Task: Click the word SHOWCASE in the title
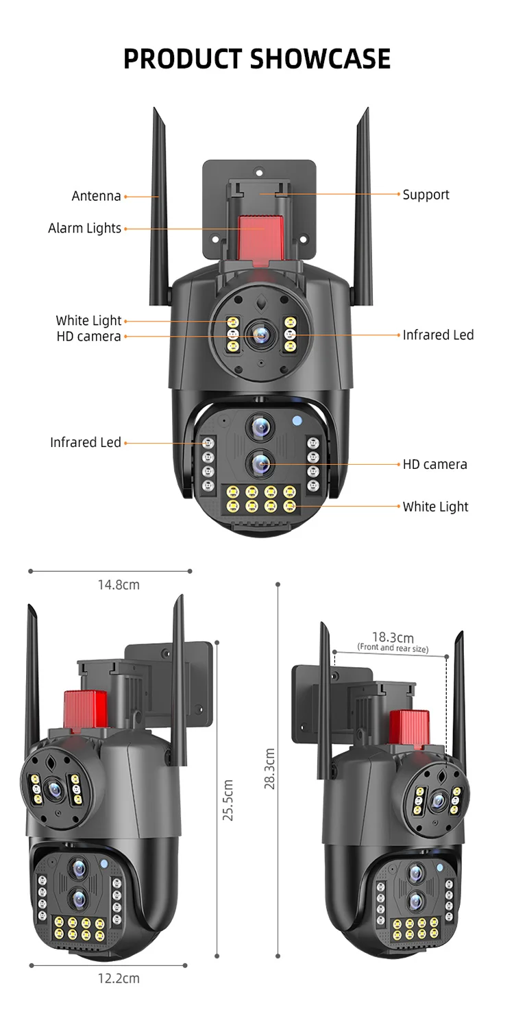(320, 59)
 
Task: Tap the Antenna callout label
(96, 196)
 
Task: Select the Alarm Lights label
(84, 228)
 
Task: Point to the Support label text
(426, 195)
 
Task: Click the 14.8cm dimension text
(118, 585)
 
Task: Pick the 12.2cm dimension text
(118, 978)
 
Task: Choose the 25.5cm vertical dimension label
(228, 800)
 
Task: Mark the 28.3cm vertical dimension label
(270, 769)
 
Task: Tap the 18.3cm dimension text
(393, 638)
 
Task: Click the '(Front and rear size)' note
(393, 648)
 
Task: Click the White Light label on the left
(88, 320)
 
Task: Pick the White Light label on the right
(435, 507)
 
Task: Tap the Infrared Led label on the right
(438, 335)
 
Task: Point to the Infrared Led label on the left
(85, 442)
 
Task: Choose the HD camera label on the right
(435, 464)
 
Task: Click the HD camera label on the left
(88, 336)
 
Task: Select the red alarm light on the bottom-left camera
(83, 708)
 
